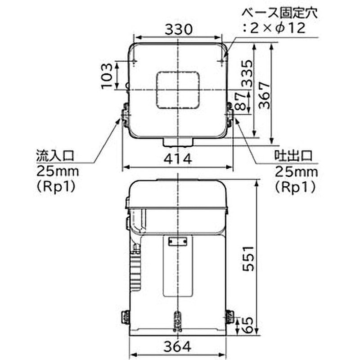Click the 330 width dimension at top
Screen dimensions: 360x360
pyautogui.click(x=179, y=29)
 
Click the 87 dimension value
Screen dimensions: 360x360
pyautogui.click(x=242, y=101)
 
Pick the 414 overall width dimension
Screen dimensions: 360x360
pyautogui.click(x=178, y=158)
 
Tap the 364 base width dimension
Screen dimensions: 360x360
pyautogui.click(x=178, y=347)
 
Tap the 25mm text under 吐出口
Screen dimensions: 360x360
pyautogui.click(x=296, y=171)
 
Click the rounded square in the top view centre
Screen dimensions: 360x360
pyautogui.click(x=178, y=90)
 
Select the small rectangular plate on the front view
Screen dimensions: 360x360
pyautogui.click(x=178, y=242)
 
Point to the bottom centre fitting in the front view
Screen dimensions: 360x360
pyautogui.click(x=178, y=320)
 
